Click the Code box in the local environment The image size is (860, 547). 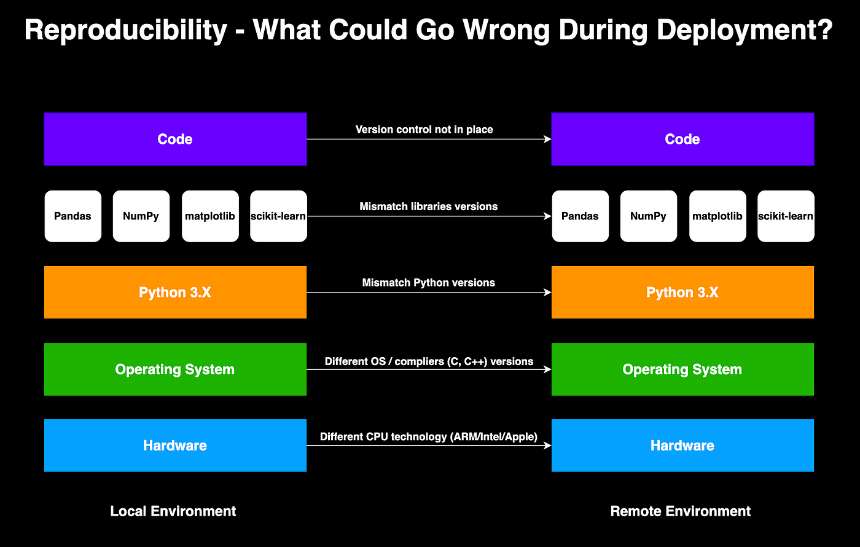pos(175,139)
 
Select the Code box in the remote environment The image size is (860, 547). pos(682,139)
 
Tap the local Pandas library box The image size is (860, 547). pos(73,216)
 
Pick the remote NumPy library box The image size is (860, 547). pos(649,216)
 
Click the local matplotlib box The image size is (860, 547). pos(210,216)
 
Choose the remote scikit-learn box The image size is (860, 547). pos(786,216)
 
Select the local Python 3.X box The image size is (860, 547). pos(175,293)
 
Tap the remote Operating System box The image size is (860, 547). pos(682,369)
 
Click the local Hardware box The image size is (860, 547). pos(175,446)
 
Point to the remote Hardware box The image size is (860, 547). pos(682,446)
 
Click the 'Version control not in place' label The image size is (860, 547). pos(424,130)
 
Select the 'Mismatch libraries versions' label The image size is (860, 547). pos(429,207)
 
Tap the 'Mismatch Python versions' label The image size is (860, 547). pos(429,283)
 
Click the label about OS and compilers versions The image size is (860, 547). pos(429,361)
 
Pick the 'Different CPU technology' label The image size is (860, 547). pos(429,437)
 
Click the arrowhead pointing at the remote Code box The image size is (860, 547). pos(548,139)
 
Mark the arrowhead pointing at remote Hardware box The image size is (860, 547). pos(548,446)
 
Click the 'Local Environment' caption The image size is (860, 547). pos(173,511)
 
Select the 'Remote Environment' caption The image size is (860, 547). pos(681,511)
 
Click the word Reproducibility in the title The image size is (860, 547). pos(126,30)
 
